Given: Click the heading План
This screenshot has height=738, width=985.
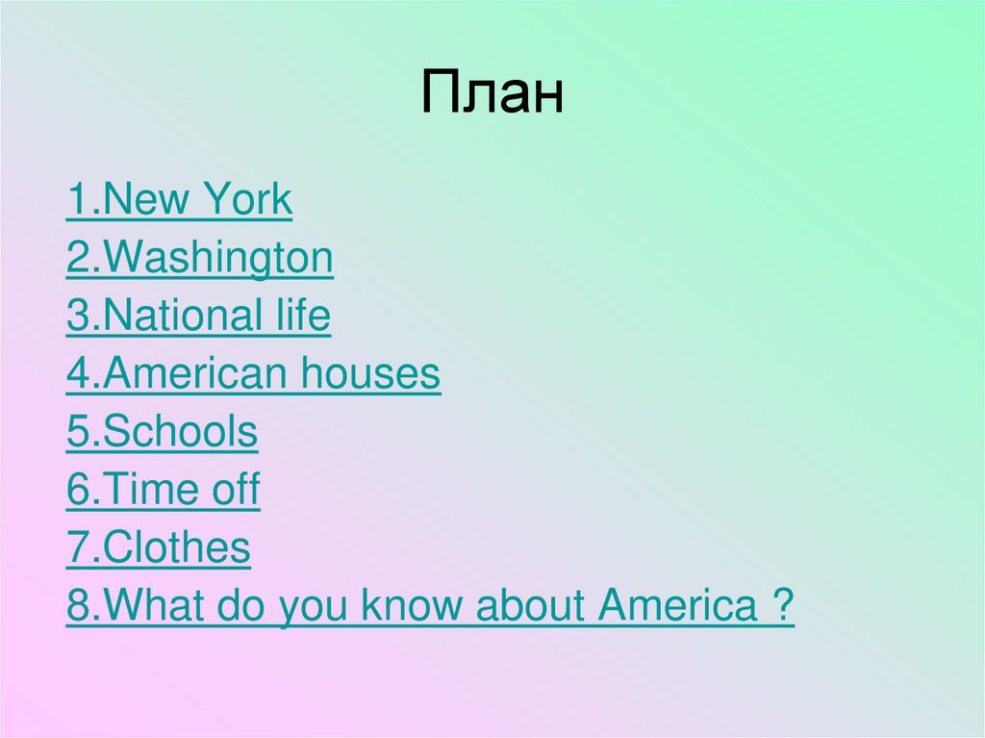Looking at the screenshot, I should (x=492, y=94).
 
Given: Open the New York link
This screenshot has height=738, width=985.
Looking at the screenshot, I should (x=179, y=201).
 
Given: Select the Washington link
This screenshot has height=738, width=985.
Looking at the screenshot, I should (x=200, y=259).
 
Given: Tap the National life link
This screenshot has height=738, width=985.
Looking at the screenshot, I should (x=198, y=317).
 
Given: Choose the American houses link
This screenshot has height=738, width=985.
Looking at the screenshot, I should (x=253, y=374).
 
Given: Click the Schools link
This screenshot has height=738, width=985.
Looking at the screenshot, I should (x=162, y=433).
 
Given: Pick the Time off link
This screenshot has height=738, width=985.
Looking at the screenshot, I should (x=163, y=491).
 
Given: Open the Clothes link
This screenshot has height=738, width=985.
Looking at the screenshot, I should (x=158, y=548).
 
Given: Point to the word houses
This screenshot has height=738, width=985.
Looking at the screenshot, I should (x=369, y=374).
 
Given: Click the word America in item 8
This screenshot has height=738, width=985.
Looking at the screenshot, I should (x=677, y=606).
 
